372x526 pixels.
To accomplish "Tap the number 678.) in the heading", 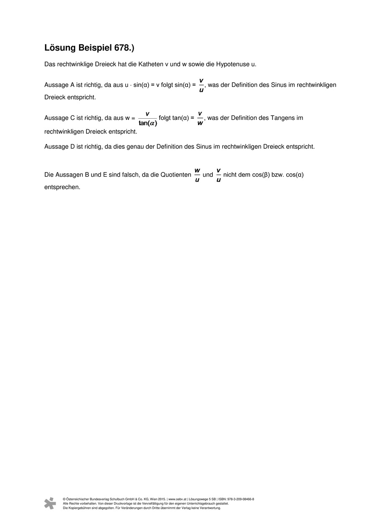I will pos(124,48).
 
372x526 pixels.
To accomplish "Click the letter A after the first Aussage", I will pos(72,85).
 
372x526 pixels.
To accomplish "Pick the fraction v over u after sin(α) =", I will pos(201,85).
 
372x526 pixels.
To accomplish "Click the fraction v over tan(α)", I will pos(148,118).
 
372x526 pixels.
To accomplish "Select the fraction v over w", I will pos(200,118).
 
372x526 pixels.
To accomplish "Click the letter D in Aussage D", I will pos(72,147).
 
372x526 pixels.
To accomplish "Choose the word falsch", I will pos(128,175).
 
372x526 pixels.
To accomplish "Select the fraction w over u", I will pos(197,175).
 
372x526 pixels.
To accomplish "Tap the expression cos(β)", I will pos(261,175).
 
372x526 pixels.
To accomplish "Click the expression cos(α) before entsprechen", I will pos(295,175).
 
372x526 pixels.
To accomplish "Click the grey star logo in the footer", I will pos(50,503).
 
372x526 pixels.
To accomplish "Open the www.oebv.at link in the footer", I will pos(177,499).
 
